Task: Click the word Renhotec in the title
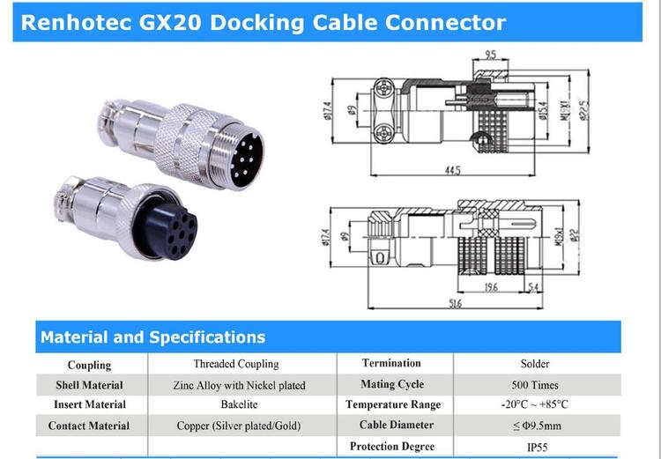[x=78, y=22]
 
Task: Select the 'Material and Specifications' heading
[x=152, y=337]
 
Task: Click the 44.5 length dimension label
[x=452, y=171]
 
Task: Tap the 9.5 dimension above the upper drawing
[x=490, y=56]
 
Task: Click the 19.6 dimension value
[x=490, y=286]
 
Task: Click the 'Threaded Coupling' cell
[x=235, y=363]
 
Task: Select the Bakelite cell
[x=235, y=405]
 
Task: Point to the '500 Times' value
[x=535, y=384]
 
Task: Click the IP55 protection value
[x=535, y=447]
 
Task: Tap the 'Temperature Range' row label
[x=392, y=405]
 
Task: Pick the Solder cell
[x=535, y=363]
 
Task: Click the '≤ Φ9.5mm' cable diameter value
[x=535, y=426]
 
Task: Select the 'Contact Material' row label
[x=92, y=426]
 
